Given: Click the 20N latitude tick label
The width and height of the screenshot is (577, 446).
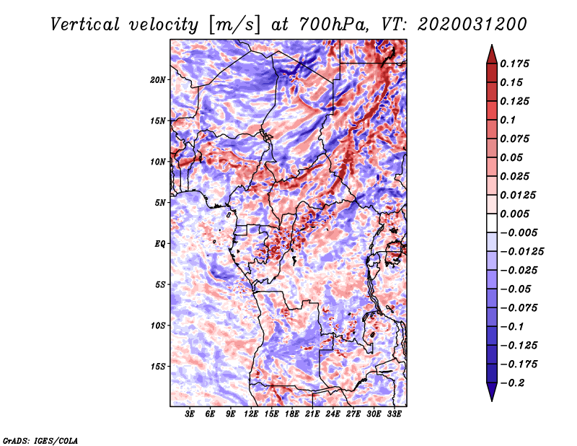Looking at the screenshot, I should [158, 79].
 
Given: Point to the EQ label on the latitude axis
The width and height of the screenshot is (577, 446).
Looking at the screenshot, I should [159, 244].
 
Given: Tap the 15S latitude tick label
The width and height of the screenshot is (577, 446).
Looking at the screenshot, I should [158, 367].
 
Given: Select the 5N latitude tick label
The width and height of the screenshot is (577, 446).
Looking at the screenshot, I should [160, 203].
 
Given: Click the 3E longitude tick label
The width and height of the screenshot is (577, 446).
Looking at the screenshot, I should [190, 415].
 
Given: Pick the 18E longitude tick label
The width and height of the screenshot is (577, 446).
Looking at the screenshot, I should [292, 415].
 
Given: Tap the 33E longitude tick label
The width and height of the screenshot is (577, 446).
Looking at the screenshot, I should [394, 415].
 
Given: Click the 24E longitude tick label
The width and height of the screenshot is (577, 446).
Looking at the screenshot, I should [332, 415].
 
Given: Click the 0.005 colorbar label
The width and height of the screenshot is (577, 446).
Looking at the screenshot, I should [518, 214].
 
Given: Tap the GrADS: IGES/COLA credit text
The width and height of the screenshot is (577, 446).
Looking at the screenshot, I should [40, 440].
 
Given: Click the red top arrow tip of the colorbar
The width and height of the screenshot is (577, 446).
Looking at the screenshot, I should [490, 51].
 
